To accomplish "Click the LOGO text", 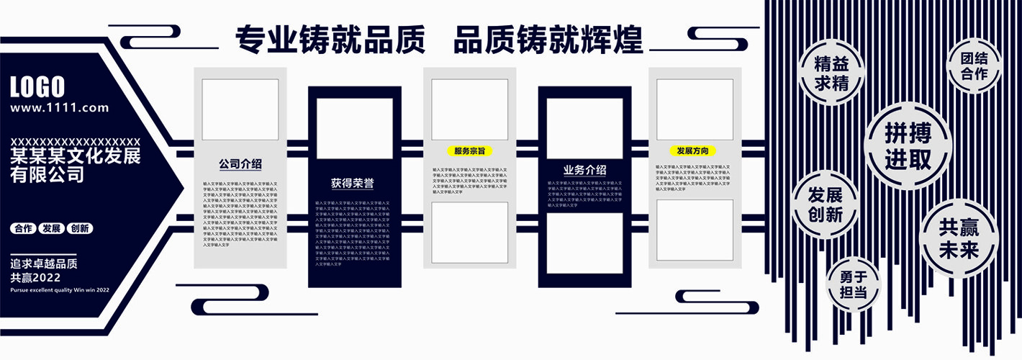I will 37,87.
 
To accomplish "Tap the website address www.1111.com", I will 60,108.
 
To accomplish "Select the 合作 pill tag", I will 23,228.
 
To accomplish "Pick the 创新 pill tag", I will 79,228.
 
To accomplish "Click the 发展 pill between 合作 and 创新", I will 51,228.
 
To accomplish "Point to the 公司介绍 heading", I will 240,164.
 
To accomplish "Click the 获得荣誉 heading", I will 353,183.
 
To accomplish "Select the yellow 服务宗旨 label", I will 469,151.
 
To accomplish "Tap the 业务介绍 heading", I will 584,171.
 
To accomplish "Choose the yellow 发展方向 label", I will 693,151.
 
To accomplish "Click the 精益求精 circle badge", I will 831,73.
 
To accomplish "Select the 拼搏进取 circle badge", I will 908,145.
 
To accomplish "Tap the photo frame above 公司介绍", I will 240,109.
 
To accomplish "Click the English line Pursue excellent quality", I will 60,289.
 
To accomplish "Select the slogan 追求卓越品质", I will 44,264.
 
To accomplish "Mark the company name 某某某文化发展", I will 76,156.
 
